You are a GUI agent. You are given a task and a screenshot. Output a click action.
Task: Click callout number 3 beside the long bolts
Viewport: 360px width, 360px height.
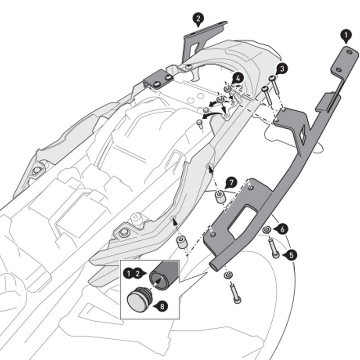pyautogui.click(x=282, y=68)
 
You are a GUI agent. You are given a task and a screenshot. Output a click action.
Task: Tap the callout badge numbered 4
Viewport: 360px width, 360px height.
pyautogui.click(x=238, y=77)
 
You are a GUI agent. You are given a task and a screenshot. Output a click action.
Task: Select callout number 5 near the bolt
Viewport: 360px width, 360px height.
pyautogui.click(x=292, y=255)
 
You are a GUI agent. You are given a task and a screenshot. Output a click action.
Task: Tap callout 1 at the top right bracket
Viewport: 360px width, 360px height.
pyautogui.click(x=346, y=34)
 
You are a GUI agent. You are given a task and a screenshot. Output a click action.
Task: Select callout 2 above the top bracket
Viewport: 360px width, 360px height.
pyautogui.click(x=198, y=18)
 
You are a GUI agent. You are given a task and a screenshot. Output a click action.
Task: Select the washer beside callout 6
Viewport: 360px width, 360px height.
pyautogui.click(x=267, y=230)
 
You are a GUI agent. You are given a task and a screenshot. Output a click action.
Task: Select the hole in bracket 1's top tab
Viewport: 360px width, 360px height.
pyautogui.click(x=349, y=52)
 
